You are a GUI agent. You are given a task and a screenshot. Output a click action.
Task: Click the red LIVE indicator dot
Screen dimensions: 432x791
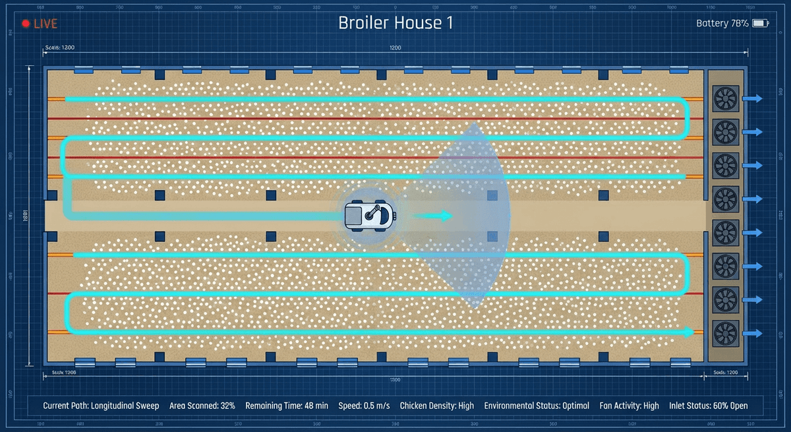coord(26,24)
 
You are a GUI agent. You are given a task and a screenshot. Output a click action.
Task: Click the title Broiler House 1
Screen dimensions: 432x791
coord(395,22)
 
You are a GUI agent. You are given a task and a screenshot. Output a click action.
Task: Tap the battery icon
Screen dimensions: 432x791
coord(761,23)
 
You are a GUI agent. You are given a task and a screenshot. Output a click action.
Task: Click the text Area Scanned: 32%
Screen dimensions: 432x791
coord(202,406)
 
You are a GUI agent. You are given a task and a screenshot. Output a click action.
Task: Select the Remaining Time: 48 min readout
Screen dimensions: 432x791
coord(287,406)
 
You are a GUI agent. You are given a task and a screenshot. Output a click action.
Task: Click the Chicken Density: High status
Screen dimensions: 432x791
coord(438,406)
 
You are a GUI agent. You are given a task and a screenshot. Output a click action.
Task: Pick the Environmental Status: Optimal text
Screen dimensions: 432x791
coord(537,406)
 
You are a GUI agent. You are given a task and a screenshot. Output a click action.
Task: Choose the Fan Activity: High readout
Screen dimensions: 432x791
coord(630,406)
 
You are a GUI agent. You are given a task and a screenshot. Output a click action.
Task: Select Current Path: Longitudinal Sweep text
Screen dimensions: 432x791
coord(101,406)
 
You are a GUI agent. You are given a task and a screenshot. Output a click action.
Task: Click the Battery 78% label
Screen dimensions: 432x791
coord(722,23)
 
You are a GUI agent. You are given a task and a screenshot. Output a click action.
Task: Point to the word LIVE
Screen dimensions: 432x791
coord(45,24)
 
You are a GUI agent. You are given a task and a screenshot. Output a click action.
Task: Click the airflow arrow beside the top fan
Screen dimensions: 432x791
coord(753,98)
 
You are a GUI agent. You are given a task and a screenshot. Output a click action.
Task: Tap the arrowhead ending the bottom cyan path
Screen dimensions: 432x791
coord(689,332)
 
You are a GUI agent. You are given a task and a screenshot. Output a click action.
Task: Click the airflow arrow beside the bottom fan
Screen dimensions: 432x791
coord(753,333)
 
